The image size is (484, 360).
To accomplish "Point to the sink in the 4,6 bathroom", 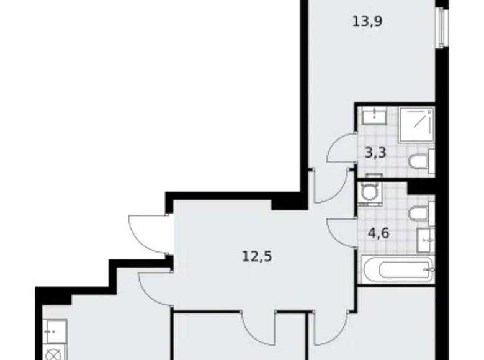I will pos(427,236).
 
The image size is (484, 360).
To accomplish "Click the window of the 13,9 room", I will pos(441,27).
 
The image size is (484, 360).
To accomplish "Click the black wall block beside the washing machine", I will pos(419,187).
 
